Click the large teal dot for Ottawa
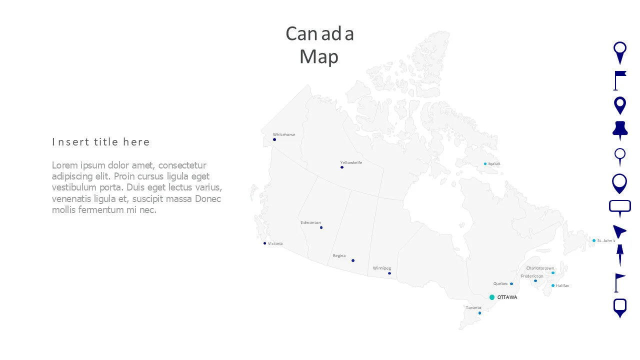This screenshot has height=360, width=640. (492, 297)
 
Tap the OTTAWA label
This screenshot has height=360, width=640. (507, 297)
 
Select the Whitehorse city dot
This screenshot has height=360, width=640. (274, 139)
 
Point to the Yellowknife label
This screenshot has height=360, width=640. (351, 162)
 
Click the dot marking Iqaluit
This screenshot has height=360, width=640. (485, 164)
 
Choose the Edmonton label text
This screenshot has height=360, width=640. (310, 222)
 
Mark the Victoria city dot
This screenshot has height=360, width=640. (265, 243)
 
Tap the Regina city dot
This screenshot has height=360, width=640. (353, 260)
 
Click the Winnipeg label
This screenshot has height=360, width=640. (382, 268)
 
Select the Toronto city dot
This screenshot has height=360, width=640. (479, 313)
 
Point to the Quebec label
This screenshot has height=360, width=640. (500, 283)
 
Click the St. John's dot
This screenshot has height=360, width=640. (594, 240)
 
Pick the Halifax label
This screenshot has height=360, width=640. (562, 285)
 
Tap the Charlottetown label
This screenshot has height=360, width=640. (540, 268)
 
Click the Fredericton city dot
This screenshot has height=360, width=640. (535, 280)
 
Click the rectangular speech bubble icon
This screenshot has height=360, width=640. (620, 207)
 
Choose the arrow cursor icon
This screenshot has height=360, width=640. (619, 231)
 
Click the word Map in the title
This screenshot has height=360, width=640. (319, 56)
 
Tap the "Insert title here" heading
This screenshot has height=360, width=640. (101, 142)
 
